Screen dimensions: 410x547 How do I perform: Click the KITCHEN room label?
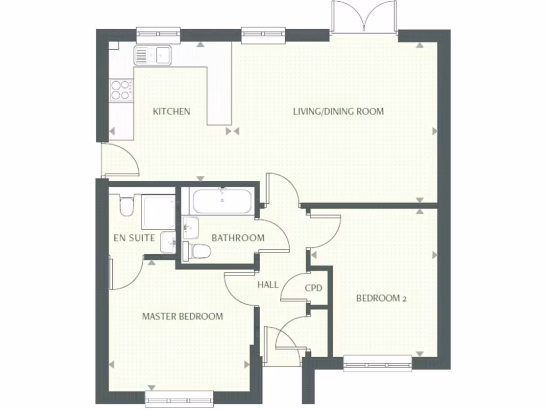171,112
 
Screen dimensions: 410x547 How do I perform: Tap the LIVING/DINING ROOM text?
338,112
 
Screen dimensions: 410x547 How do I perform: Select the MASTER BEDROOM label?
182,317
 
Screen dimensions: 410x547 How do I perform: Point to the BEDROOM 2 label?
381,298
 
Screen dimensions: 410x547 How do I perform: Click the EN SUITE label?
135,238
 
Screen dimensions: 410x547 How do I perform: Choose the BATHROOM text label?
238,238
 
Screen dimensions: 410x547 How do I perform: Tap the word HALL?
268,285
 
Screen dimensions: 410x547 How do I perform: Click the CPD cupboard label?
314,288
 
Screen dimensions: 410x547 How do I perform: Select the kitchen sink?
152,54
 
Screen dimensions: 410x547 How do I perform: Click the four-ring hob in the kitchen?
121,90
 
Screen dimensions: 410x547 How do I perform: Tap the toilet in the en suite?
126,206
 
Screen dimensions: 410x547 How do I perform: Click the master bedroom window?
179,399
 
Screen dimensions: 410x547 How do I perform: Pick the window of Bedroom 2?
378,364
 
